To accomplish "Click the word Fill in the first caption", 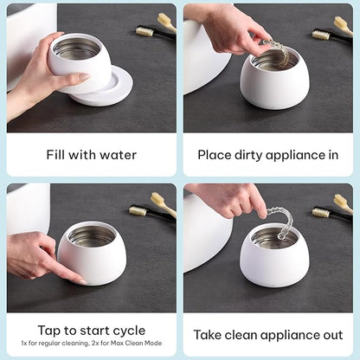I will point(57,155).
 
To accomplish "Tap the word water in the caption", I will point(118,155).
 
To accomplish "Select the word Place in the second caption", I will point(216,155).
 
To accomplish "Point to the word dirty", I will point(253,155).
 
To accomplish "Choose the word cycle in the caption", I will point(126,330).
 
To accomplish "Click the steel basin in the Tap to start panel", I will point(92,236).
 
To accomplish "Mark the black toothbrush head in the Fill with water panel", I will point(147,32).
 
